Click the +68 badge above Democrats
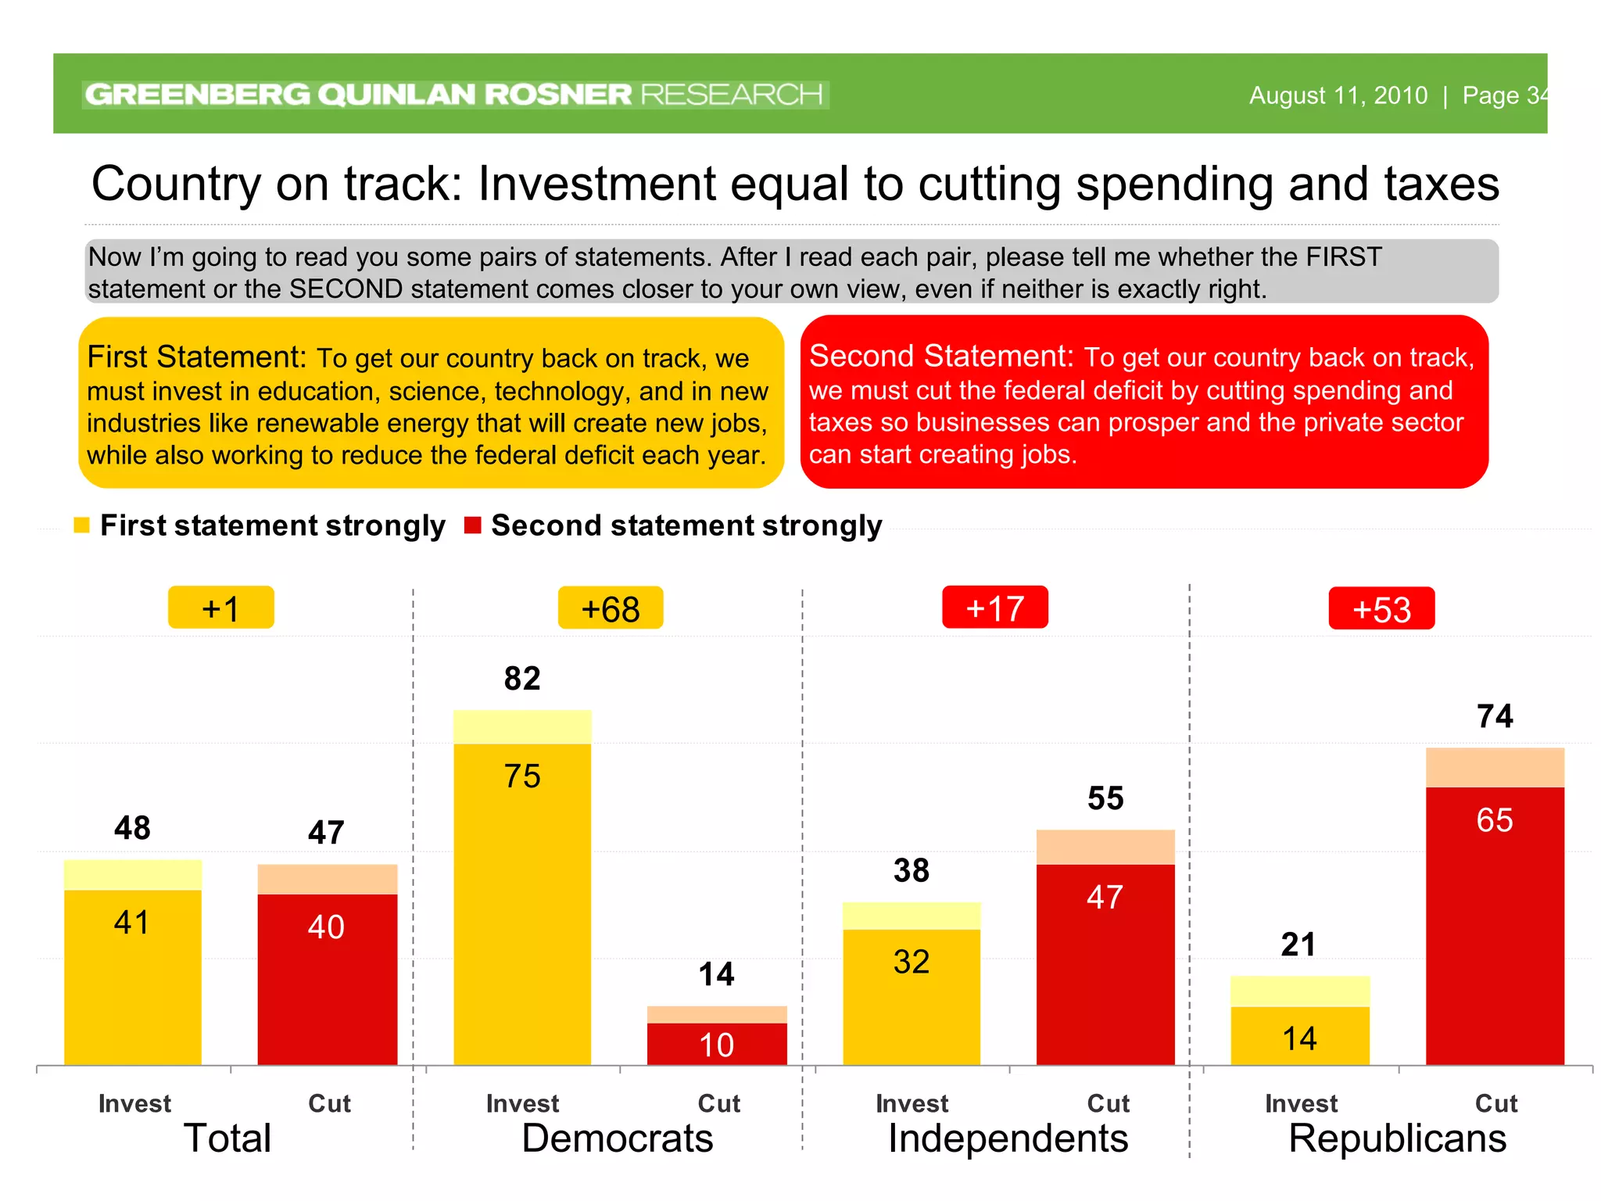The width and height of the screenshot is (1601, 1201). point(611,608)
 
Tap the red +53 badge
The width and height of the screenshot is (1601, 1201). point(1381,608)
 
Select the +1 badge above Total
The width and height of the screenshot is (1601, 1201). point(220,608)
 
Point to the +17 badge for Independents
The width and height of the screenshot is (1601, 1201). point(994,608)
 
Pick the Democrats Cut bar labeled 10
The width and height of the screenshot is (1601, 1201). point(717,1044)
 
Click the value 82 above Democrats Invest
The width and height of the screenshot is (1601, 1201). point(522,678)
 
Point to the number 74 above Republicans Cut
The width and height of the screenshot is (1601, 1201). point(1495,716)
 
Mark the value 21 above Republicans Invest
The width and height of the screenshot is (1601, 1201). point(1298,945)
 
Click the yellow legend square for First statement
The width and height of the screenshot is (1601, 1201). point(82,525)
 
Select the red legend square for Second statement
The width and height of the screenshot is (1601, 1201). point(472,525)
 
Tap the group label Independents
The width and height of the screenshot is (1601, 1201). point(1008,1138)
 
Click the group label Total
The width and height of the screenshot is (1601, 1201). point(227,1138)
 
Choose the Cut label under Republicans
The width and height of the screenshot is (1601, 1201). point(1495,1103)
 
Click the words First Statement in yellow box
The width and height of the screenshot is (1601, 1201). point(196,357)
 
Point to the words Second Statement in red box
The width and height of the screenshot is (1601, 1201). point(940,357)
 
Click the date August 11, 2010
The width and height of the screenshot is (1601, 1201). point(1338,95)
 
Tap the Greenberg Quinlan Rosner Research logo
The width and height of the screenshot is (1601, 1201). point(454,95)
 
